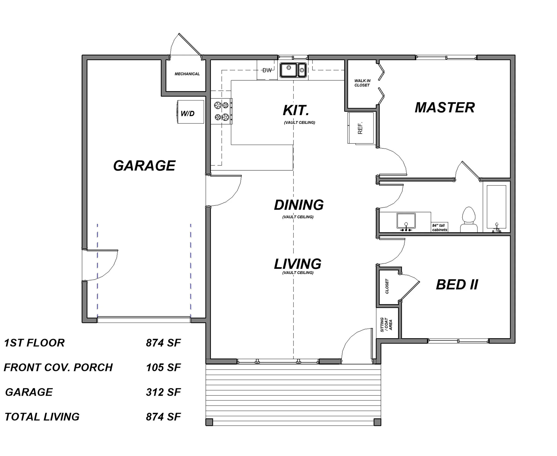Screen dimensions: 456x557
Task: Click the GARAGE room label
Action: pos(144,166)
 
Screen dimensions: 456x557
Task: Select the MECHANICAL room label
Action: pos(187,74)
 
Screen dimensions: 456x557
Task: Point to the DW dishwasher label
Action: pos(267,70)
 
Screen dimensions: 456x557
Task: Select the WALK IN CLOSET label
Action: pos(362,83)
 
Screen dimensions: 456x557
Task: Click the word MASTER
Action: pos(445,108)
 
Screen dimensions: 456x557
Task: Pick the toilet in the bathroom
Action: pos(469,220)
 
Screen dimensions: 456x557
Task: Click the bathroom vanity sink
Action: pos(406,221)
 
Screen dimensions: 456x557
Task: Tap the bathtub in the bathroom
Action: pos(496,207)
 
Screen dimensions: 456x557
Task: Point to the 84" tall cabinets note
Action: pos(439,228)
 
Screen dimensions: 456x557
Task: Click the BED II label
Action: pos(457,285)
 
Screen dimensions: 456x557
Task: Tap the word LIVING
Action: pos(298,264)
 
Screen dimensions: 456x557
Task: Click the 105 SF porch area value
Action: pos(163,367)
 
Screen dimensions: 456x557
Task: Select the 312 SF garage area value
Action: pos(163,392)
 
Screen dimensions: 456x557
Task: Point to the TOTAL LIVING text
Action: pos(42,417)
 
